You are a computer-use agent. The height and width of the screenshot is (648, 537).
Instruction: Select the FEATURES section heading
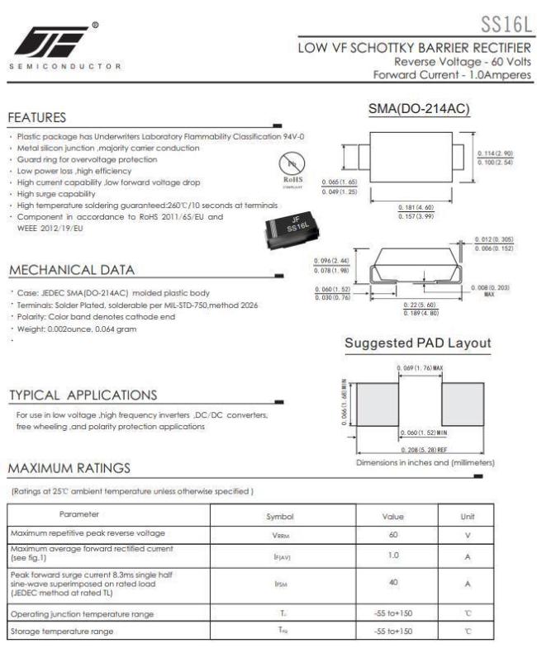tap(38, 118)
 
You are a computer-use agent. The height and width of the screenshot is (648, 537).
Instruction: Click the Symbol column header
tap(280, 516)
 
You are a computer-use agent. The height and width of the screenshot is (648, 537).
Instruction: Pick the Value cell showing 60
tap(394, 534)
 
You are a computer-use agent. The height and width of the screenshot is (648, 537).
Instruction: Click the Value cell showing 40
tap(394, 584)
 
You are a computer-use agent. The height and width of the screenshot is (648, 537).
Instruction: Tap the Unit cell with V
tap(468, 534)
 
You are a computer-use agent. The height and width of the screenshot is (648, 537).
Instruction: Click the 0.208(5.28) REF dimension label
tap(423, 449)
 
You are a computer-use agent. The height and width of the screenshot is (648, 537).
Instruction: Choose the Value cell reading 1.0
tap(394, 556)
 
